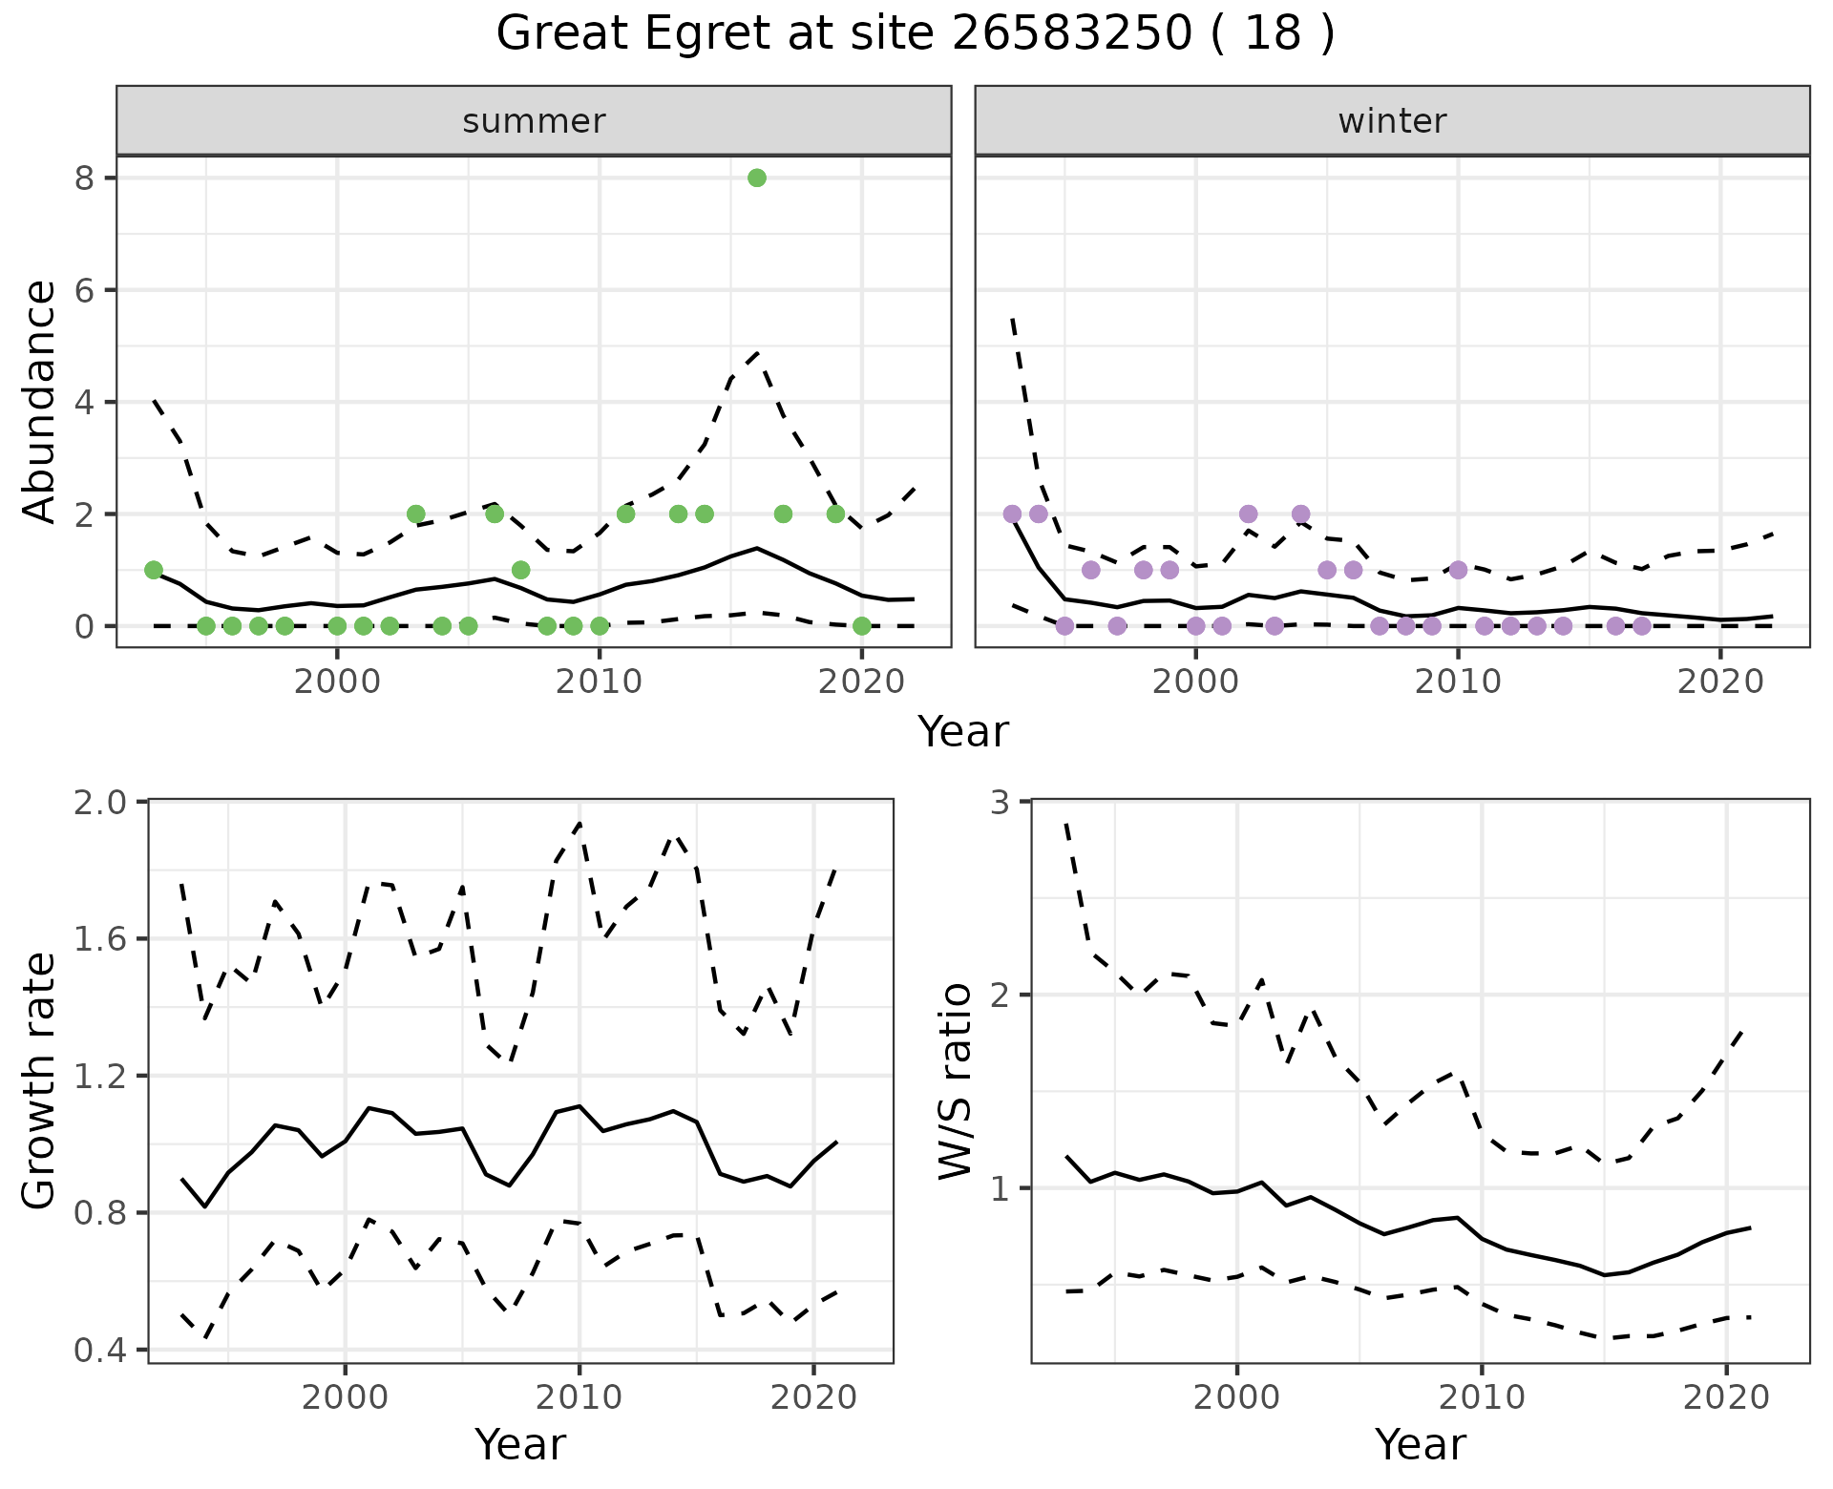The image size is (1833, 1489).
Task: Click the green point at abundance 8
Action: pyautogui.click(x=757, y=178)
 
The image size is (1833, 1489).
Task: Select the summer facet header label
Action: pyautogui.click(x=534, y=121)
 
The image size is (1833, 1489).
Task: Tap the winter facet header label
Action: pyautogui.click(x=1392, y=121)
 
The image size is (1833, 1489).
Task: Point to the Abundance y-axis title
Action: pyautogui.click(x=39, y=401)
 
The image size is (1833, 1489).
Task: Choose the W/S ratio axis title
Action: pyautogui.click(x=955, y=1080)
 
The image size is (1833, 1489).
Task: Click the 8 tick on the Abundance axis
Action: pyautogui.click(x=87, y=178)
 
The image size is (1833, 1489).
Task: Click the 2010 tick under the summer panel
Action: pyautogui.click(x=599, y=682)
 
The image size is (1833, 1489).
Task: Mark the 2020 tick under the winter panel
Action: pyautogui.click(x=1720, y=682)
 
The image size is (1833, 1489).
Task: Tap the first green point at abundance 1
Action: pyautogui.click(x=154, y=570)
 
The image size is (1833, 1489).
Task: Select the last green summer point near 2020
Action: pyautogui.click(x=862, y=626)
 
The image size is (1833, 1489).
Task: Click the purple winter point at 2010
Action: pyautogui.click(x=1458, y=570)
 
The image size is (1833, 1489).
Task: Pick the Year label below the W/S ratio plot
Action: pyautogui.click(x=1421, y=1444)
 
